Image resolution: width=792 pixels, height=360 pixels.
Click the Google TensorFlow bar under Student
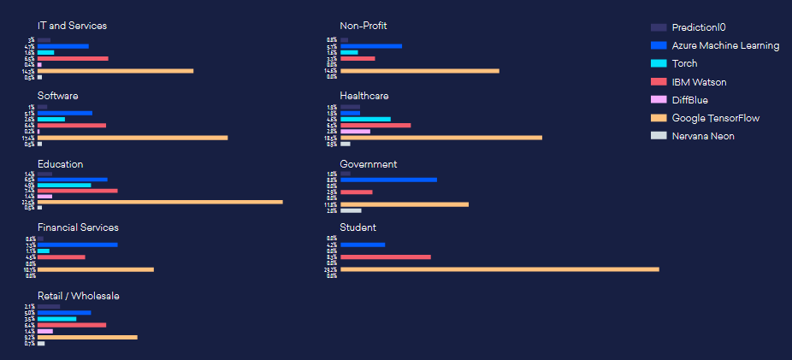point(499,269)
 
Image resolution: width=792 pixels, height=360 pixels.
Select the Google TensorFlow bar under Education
point(160,202)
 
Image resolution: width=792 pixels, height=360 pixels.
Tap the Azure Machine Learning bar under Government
point(388,180)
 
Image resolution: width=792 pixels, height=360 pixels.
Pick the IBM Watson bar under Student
point(385,257)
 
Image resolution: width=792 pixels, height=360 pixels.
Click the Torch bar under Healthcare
point(365,119)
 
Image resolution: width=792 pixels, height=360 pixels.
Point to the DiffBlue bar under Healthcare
point(355,132)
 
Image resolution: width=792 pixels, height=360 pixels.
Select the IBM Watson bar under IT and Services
point(73,58)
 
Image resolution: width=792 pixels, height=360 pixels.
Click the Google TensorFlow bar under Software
point(133,138)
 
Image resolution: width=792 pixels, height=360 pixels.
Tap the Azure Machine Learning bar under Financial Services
point(77,245)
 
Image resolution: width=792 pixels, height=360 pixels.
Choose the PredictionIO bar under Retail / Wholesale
point(49,306)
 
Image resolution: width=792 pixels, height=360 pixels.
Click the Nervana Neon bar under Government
point(351,210)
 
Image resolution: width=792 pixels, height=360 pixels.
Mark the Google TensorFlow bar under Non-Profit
point(419,71)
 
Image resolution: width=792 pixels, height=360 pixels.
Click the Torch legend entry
point(684,63)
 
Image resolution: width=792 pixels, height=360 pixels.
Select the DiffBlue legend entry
point(689,100)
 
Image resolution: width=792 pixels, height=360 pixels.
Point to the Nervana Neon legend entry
point(702,136)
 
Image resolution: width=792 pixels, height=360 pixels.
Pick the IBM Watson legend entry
point(693,82)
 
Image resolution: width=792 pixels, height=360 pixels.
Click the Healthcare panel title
point(364,96)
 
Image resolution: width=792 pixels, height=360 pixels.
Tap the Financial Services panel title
point(78,227)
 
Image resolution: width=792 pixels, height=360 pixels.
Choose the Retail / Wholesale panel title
point(78,296)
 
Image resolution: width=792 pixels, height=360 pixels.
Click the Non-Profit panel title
point(363,26)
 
